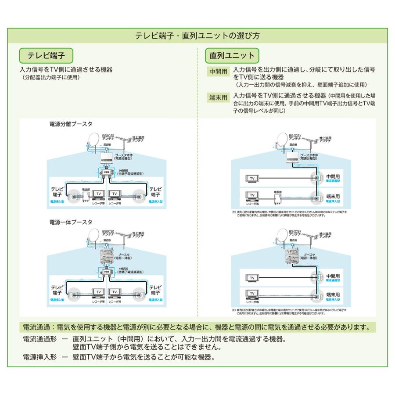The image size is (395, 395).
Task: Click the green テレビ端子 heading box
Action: [46, 56]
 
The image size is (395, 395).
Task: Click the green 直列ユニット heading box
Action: [232, 56]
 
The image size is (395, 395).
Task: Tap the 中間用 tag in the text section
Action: [218, 71]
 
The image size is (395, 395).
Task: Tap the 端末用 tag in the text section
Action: [218, 97]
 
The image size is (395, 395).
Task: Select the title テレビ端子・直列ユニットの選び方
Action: [197, 35]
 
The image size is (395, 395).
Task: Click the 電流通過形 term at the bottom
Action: [38, 339]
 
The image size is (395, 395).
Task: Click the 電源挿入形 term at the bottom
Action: [38, 357]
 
